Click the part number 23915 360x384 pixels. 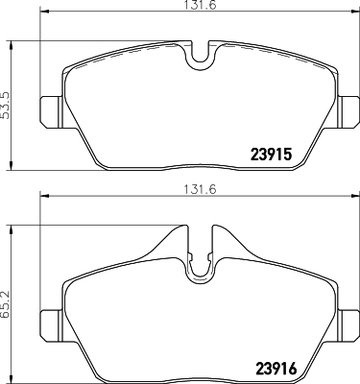click(x=271, y=155)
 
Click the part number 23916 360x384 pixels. click(x=276, y=369)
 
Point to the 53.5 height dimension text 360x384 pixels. click(x=6, y=106)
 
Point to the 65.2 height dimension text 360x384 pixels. click(x=6, y=305)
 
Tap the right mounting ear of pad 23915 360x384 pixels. click(x=349, y=112)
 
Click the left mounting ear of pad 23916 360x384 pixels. click(x=50, y=325)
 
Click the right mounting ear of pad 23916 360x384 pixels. click(x=349, y=325)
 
